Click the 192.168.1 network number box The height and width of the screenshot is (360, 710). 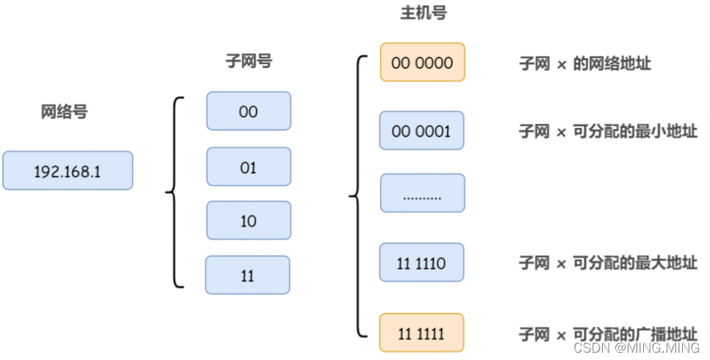68,171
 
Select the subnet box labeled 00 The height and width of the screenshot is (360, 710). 248,112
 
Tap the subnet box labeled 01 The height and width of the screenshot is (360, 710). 248,167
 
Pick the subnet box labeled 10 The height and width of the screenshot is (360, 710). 248,220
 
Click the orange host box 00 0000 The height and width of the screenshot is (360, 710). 422,62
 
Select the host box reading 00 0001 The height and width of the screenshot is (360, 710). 421,131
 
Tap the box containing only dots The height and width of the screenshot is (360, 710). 422,194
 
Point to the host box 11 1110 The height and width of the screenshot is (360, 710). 421,262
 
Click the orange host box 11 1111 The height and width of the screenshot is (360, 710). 421,333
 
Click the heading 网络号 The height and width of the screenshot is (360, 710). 64,112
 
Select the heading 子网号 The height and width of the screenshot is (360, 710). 248,62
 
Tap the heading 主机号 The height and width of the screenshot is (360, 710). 422,13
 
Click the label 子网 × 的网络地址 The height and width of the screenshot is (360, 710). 584,64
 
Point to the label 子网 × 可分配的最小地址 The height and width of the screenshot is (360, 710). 607,132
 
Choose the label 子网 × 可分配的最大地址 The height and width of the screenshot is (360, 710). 607,263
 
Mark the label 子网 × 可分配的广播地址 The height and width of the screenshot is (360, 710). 607,334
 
